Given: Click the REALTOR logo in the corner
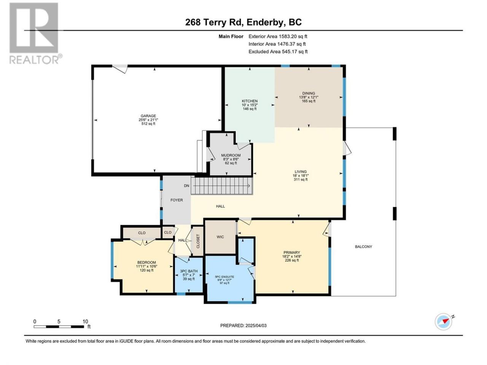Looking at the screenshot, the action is pos(35,33).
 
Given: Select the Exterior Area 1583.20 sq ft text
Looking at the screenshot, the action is pos(278,36).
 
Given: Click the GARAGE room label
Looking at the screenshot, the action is pos(148,116).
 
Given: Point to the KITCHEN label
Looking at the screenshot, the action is pos(250,101).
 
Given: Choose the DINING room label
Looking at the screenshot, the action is pos(309,93).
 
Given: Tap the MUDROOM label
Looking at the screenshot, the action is pos(231,156).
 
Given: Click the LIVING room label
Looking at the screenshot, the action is pos(301,171).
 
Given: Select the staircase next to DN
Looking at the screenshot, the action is pos(222,186).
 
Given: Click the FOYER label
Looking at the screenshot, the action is pos(177,200).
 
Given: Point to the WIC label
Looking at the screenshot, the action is pos(220,237).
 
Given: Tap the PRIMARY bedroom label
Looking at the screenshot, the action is pos(291,252).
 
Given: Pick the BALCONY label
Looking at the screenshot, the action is pos(363,246).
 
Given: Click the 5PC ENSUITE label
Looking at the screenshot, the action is pos(224,277).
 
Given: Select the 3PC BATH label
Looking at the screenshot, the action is pos(189,271).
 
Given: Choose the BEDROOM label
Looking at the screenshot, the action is pos(146,262).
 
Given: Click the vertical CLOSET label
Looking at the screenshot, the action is pos(198,241).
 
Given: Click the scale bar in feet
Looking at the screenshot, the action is pos(59,327).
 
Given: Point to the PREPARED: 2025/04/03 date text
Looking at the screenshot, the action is pos(243,325).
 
